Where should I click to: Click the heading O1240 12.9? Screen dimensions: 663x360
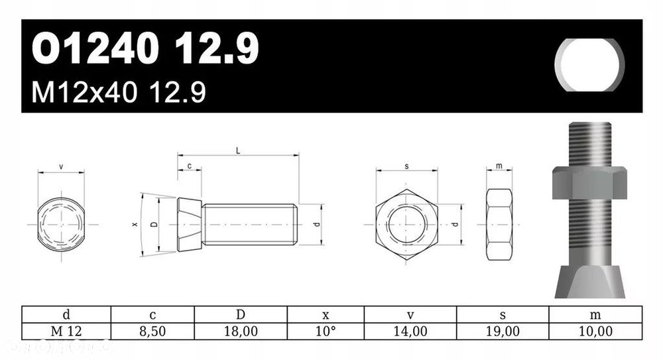point(145,49)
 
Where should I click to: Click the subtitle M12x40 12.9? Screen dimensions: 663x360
point(119,93)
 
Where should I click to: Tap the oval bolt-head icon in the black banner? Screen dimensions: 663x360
point(590,65)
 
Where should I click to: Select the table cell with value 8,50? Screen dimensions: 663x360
point(152,331)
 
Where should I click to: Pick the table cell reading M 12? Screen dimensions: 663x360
point(66,331)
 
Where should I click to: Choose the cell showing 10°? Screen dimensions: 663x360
point(326,331)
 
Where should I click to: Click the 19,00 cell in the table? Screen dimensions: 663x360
point(503,331)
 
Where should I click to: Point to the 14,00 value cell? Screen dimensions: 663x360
point(410,331)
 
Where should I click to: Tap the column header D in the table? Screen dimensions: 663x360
point(241,315)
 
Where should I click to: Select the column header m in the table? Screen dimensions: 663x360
point(595,315)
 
